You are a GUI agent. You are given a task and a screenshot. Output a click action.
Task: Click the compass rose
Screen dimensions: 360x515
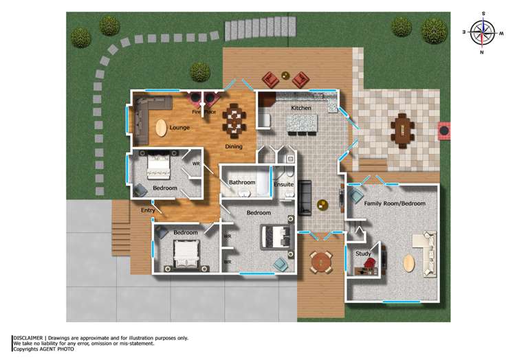(x=484, y=31)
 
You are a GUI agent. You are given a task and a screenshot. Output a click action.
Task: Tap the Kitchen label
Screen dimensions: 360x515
(x=301, y=109)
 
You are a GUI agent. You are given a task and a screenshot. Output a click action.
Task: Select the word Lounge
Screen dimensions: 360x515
(x=179, y=128)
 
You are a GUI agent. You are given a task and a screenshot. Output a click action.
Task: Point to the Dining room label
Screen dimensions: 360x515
(x=234, y=147)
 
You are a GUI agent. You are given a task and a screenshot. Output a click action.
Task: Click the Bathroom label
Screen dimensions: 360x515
(x=242, y=183)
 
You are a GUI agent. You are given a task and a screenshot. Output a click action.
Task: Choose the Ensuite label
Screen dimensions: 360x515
(x=283, y=184)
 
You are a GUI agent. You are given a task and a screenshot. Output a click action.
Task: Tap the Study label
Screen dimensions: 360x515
(x=362, y=254)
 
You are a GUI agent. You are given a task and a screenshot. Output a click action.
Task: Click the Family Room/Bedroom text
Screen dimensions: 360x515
(x=395, y=203)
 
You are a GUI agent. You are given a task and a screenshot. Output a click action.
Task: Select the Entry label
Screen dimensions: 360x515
(x=147, y=210)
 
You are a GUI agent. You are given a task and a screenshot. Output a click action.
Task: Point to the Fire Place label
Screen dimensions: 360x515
(x=204, y=111)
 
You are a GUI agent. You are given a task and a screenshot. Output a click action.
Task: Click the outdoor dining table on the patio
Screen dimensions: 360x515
(x=402, y=128)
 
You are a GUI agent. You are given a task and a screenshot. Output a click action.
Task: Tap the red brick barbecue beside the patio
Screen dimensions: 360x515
(x=445, y=129)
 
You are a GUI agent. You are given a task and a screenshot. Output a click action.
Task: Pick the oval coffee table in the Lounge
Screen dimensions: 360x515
(x=161, y=128)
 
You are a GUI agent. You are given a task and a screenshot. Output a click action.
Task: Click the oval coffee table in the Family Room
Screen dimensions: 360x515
(x=409, y=263)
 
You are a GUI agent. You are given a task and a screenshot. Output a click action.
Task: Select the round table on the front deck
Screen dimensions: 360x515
(x=320, y=261)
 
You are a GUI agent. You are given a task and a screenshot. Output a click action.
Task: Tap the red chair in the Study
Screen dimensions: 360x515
(x=369, y=264)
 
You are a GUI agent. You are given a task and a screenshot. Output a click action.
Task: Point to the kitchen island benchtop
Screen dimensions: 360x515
(x=303, y=124)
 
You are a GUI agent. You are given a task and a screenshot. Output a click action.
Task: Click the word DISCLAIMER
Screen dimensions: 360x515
(x=28, y=338)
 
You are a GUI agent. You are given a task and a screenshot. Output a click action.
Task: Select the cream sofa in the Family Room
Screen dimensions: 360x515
(x=424, y=252)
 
